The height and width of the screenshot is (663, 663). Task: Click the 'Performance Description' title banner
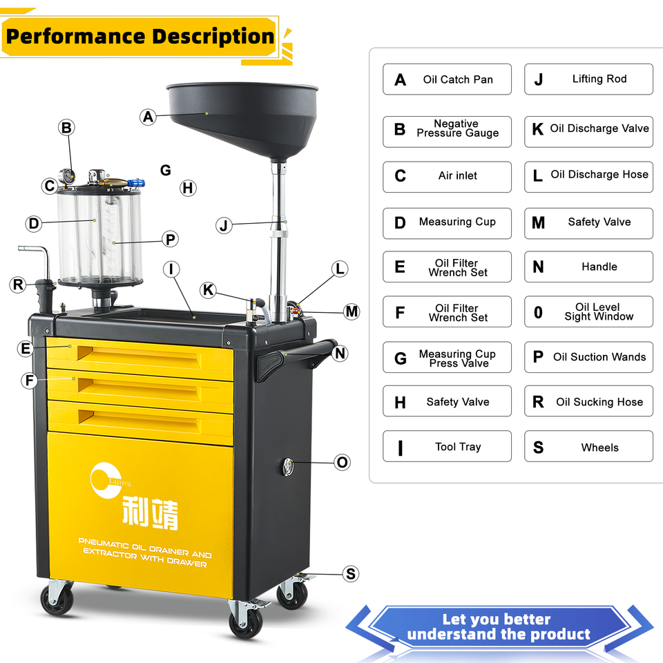(140, 36)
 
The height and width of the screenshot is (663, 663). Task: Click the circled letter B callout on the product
(66, 128)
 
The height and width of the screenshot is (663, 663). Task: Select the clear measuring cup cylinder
(101, 235)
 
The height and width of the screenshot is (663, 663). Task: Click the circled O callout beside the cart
(342, 463)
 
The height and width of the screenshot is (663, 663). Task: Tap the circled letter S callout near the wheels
(351, 574)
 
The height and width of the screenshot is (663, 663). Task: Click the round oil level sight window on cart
(287, 466)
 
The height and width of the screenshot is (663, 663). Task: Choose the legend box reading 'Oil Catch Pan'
(447, 79)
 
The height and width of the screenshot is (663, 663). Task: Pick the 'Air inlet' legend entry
(447, 176)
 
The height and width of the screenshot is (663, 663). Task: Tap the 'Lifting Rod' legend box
(588, 79)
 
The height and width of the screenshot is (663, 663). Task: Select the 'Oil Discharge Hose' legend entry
(588, 175)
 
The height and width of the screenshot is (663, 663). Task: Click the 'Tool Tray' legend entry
(447, 447)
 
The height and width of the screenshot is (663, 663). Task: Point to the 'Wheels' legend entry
(588, 447)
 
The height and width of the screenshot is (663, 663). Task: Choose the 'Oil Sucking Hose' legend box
(588, 402)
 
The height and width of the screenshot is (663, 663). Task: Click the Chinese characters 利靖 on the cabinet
(149, 513)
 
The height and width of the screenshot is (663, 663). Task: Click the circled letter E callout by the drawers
(26, 349)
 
